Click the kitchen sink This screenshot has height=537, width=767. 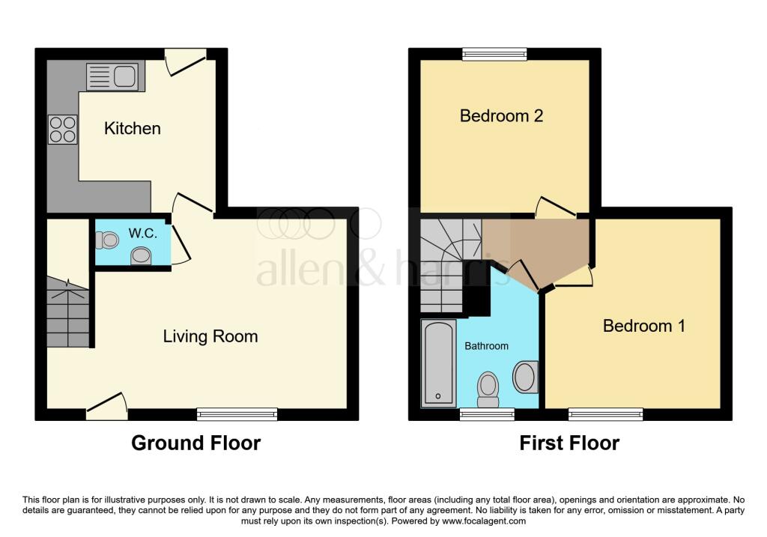[x=112, y=76]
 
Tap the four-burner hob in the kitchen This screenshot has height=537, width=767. [x=62, y=129]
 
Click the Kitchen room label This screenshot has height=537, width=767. [x=132, y=128]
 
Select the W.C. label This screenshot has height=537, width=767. [x=142, y=233]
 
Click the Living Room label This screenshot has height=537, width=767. [x=210, y=336]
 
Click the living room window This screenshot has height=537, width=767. [x=237, y=413]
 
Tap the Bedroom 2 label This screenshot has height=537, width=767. [x=500, y=116]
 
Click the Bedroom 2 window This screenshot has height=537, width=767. [x=494, y=54]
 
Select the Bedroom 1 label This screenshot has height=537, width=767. [x=644, y=326]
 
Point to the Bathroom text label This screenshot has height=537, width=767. [x=487, y=346]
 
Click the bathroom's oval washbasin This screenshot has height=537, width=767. [x=526, y=377]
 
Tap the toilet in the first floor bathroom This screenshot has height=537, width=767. [x=488, y=389]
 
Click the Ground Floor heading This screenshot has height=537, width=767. [x=196, y=443]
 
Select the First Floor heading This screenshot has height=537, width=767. [x=569, y=443]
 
